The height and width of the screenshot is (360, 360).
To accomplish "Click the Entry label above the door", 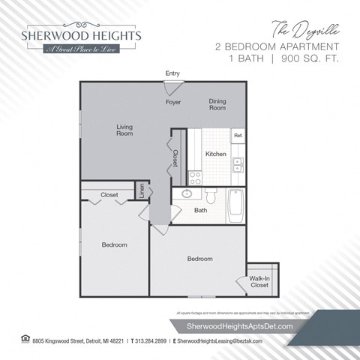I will click(x=172, y=73).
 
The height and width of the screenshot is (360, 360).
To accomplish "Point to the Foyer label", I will click(x=173, y=102).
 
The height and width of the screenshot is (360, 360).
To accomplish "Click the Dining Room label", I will click(x=217, y=104).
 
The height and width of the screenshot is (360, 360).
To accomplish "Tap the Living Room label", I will click(x=124, y=130).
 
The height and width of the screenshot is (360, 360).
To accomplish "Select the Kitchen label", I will click(x=216, y=154).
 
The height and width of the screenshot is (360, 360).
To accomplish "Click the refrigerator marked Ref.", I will click(x=238, y=136).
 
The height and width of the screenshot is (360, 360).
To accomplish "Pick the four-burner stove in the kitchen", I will click(x=195, y=177).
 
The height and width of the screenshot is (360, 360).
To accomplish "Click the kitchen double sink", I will click(x=238, y=164).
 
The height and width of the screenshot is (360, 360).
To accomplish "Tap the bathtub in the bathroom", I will click(x=235, y=206).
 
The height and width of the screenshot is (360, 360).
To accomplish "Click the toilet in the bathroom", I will click(x=211, y=198).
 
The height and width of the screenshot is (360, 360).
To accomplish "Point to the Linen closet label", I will click(x=141, y=190).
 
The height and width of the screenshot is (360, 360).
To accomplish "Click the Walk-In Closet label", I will click(x=259, y=282).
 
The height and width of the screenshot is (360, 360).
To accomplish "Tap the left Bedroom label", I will click(x=115, y=244).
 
